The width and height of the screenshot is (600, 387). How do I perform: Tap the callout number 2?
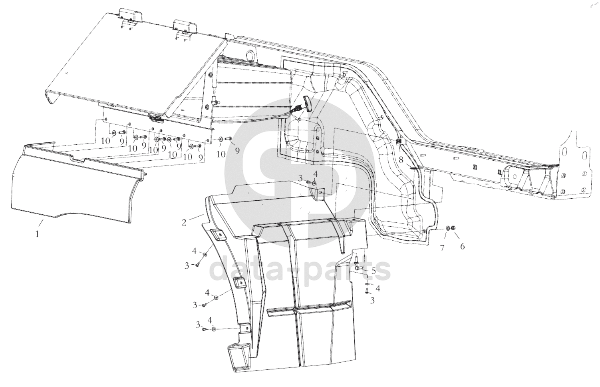pyautogui.click(x=184, y=222)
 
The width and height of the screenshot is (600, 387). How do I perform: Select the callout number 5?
pyautogui.click(x=374, y=271)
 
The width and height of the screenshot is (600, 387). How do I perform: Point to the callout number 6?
pyautogui.click(x=462, y=246)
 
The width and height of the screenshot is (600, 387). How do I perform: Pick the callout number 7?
pyautogui.click(x=442, y=248)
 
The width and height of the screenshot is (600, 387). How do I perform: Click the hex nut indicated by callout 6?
pyautogui.click(x=453, y=228)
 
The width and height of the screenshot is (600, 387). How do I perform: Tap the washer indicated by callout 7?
pyautogui.click(x=448, y=228)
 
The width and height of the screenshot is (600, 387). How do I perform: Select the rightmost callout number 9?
pyautogui.click(x=237, y=150)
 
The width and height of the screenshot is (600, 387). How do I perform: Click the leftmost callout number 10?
pyautogui.click(x=105, y=141)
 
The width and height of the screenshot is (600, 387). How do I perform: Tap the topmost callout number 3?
pyautogui.click(x=301, y=178)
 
